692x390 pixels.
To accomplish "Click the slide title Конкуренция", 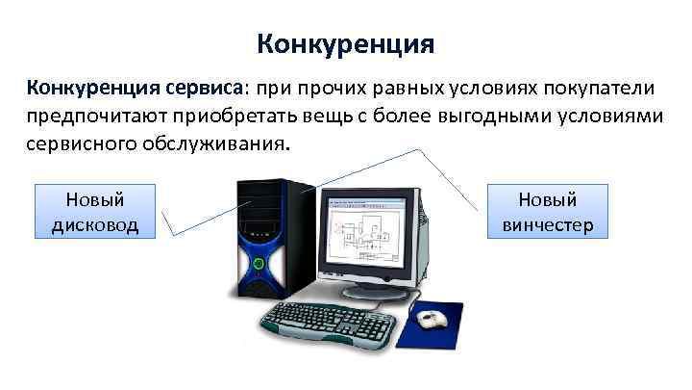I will [x=346, y=44].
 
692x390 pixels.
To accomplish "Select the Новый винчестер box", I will [x=548, y=212].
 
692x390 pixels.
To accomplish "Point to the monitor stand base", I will [x=375, y=288].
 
